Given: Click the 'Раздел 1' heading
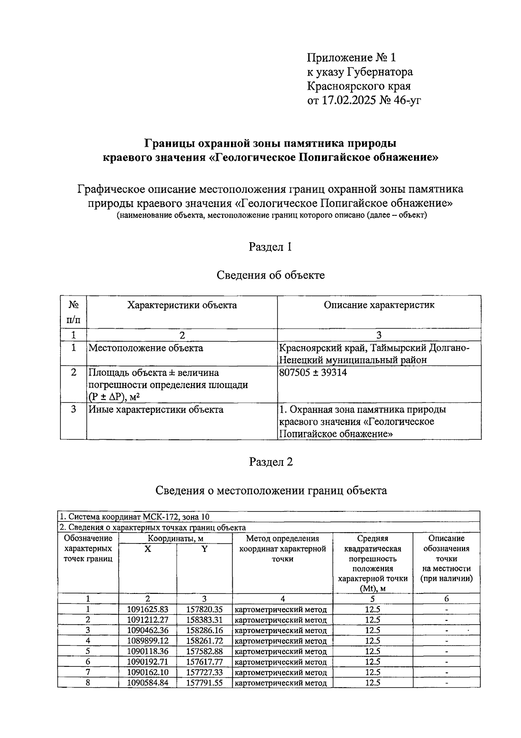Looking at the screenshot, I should [x=270, y=247].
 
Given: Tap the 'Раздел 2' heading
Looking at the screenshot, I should [x=271, y=462].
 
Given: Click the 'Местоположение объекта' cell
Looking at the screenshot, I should [x=145, y=348].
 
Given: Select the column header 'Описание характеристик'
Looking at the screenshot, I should [x=379, y=305].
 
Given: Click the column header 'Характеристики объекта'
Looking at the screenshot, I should [x=182, y=305].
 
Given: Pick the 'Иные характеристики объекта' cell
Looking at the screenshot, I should [x=156, y=410].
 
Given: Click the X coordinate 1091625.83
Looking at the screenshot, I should [x=148, y=610].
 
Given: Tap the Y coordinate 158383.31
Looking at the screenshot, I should [x=204, y=620].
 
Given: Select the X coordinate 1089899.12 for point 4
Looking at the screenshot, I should [x=148, y=641].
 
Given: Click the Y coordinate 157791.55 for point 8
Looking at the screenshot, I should [x=204, y=682].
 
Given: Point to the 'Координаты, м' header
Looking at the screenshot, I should [x=175, y=539].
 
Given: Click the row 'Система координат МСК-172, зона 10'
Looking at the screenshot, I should [x=135, y=517].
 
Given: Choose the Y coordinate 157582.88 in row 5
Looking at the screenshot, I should [x=204, y=651].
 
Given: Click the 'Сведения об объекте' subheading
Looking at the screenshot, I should [x=270, y=275].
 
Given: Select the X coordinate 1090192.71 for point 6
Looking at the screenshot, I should [x=148, y=662].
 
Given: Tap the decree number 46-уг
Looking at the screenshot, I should [x=406, y=101].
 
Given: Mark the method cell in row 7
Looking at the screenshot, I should [x=281, y=672].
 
